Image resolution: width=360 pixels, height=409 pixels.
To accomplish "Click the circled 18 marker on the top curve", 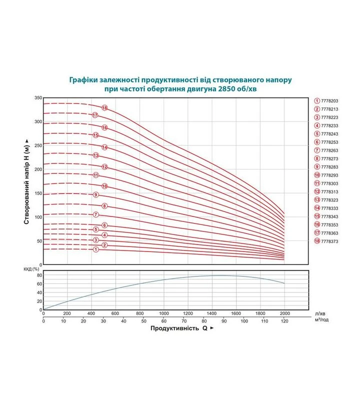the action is coord(104,107).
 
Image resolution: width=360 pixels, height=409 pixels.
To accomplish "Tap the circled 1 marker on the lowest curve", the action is coord(95,249).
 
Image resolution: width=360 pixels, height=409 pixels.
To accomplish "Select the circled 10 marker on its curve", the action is coord(104,186).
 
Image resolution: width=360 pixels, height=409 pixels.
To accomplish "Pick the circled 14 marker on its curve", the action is coord(104,147).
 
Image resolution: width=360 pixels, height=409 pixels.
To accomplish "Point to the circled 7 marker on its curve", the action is coord(95,214).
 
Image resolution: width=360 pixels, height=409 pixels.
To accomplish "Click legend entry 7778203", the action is coord(326,101).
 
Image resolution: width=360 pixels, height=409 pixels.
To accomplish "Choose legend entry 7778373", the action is coord(326,241).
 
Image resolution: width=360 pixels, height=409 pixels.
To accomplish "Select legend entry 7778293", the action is coord(326,175).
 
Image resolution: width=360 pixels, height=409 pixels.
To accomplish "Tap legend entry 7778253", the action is coord(326,142).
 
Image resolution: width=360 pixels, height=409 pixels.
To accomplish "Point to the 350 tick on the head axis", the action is coord(38,98).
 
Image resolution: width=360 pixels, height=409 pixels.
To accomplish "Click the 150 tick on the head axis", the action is coord(38,193).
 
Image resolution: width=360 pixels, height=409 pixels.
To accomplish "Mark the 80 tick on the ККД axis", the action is coord(39,275).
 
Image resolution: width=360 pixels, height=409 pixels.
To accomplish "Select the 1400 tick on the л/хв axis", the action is coord(211,313).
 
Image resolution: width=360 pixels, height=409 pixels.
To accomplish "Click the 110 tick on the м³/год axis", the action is coord(264,321).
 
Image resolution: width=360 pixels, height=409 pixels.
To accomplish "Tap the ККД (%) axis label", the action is coord(31,269).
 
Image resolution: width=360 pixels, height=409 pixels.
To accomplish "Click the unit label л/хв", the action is coord(320,314).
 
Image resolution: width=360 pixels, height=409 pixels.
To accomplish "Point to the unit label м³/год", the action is coord(321,320).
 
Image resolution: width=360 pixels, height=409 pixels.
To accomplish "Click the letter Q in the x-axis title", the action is coord(205,328).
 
